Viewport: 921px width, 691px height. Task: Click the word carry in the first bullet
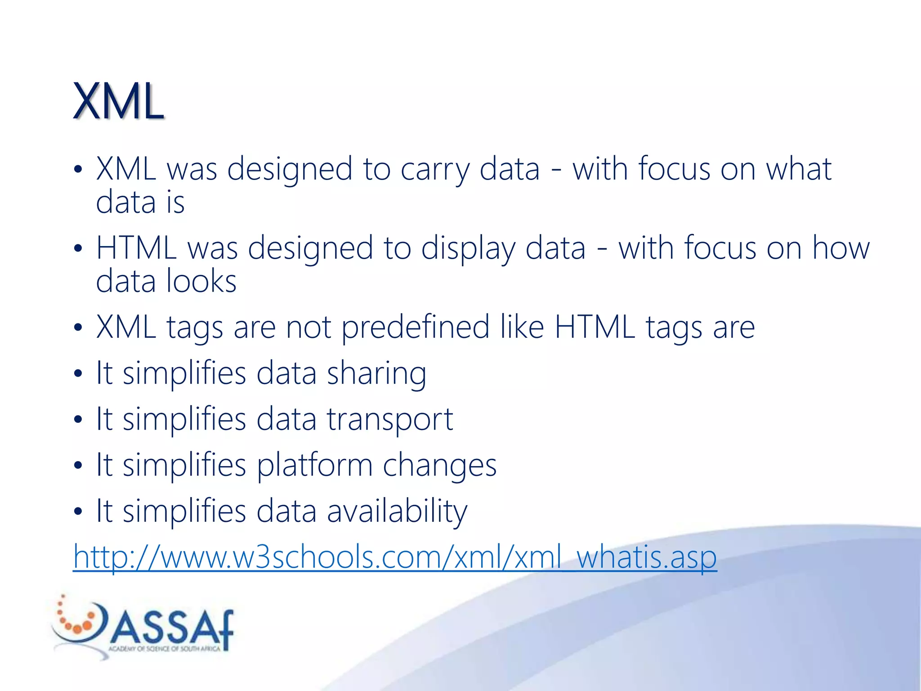[434, 170]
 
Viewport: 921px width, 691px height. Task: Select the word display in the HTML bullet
[468, 249]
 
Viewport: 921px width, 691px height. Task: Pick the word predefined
[415, 328]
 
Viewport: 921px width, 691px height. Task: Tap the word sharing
[376, 374]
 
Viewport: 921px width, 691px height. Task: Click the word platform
[314, 466]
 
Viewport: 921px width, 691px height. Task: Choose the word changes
[439, 466]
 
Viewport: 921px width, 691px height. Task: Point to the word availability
[397, 512]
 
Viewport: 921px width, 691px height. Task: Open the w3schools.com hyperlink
[394, 558]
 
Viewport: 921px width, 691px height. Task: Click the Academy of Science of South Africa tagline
[164, 649]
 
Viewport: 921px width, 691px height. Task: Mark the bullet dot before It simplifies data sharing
[78, 373]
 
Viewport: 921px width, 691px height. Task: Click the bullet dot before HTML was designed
[78, 248]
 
